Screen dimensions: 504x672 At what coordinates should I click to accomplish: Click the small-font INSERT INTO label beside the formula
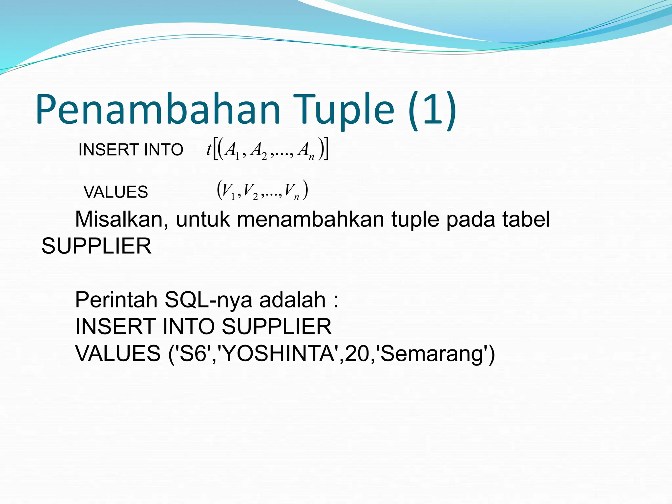coord(131,150)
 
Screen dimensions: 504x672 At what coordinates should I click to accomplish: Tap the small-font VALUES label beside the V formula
coord(115,192)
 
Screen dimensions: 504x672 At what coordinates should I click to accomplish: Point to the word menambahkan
coord(310,219)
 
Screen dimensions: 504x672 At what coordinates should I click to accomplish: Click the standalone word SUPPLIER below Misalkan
coord(96,246)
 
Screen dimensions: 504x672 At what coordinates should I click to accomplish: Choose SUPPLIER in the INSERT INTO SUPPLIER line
coord(277,327)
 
